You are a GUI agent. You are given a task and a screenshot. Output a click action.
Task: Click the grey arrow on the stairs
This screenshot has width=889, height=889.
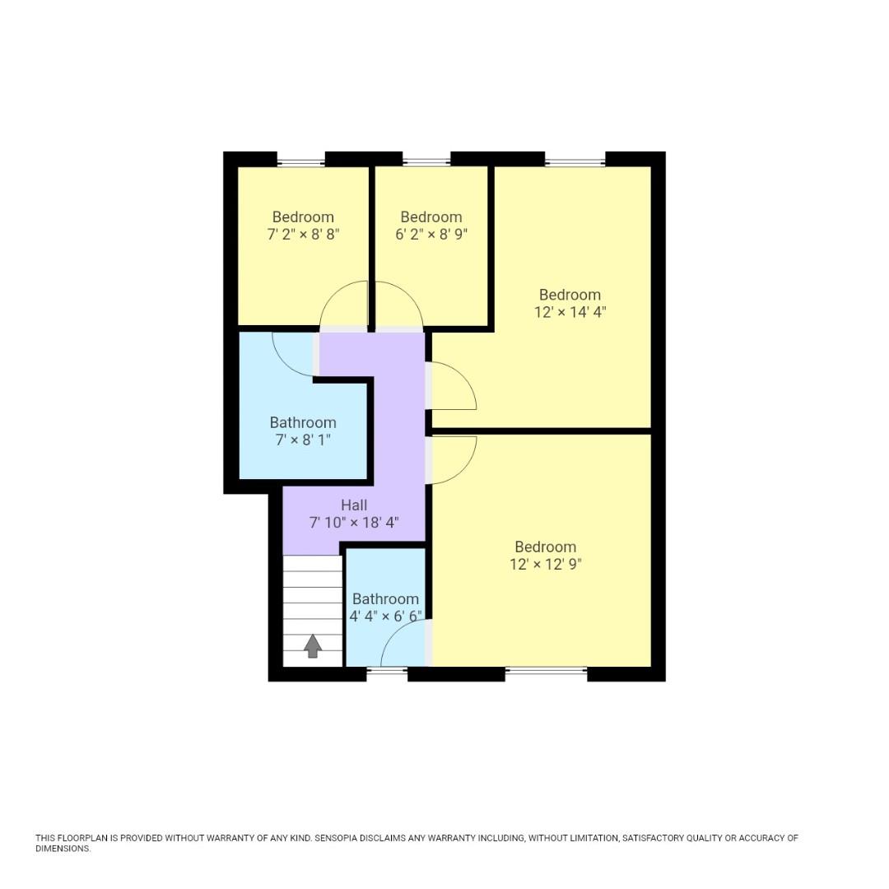[x=312, y=646]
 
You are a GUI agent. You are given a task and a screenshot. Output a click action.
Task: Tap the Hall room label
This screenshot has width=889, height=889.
[x=354, y=505]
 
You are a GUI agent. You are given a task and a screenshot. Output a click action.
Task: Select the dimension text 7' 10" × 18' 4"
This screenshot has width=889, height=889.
[x=354, y=523]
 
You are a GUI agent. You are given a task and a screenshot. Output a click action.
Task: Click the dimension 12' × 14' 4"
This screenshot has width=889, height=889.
[x=570, y=313]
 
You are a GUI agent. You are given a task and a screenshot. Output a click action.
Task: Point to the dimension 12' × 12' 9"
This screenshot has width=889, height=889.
[x=545, y=565]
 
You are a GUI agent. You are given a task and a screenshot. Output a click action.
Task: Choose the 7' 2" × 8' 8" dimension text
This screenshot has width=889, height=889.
[x=303, y=235]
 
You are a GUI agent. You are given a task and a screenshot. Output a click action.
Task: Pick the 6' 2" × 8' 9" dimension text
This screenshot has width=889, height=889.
[x=431, y=235]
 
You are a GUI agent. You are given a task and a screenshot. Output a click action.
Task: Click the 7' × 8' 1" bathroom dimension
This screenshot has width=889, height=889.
[x=303, y=440]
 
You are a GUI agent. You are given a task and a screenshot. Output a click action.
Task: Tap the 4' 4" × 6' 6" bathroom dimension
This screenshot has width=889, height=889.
[x=385, y=617]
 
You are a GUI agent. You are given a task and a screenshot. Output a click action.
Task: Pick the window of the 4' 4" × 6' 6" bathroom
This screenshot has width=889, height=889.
[x=387, y=673]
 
